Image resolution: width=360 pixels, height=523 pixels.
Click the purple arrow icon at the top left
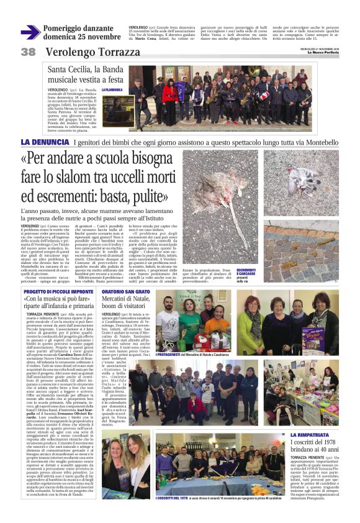[x=30, y=32]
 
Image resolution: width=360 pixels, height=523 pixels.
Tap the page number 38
[x=28, y=52]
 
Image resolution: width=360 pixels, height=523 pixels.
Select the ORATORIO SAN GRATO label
[x=126, y=291]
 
